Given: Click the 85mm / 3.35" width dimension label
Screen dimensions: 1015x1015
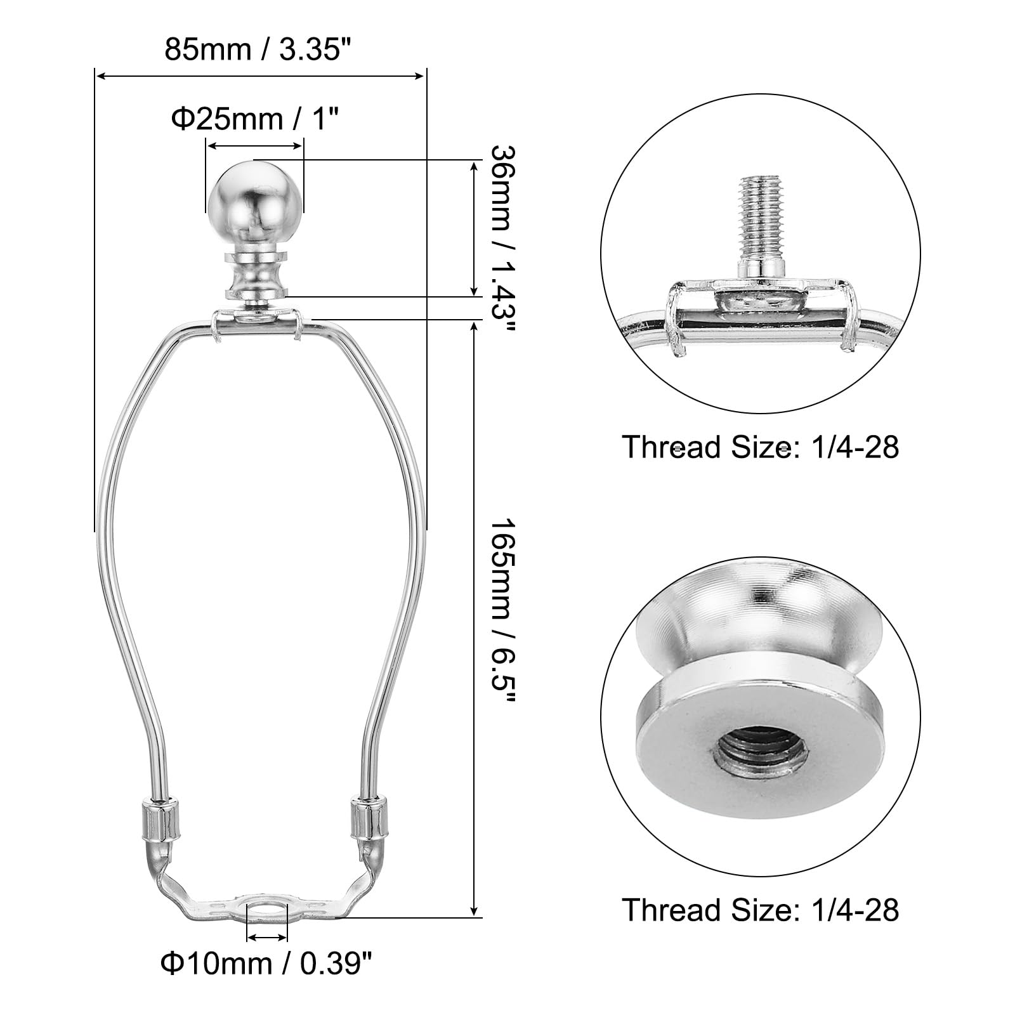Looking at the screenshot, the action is (x=258, y=49).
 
